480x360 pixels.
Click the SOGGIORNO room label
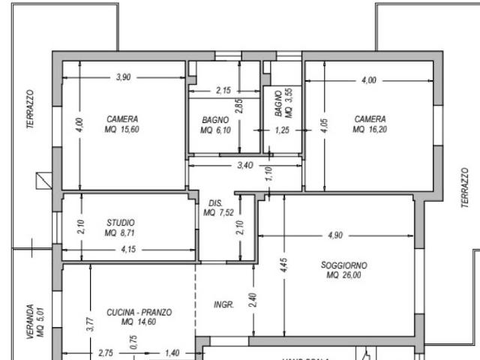344,265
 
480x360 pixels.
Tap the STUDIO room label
120,223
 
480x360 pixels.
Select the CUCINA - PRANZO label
139,312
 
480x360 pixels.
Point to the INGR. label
224,305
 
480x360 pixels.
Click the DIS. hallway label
214,203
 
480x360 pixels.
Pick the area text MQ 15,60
121,129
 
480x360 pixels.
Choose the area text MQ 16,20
370,129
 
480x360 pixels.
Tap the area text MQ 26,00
344,275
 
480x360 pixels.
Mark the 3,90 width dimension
124,78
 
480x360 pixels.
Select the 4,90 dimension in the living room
334,235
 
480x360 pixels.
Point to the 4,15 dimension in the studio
129,249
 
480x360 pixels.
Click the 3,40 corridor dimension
244,165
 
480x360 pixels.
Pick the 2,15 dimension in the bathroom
223,91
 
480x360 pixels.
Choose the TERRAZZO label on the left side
31,109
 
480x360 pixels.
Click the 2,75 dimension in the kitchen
106,352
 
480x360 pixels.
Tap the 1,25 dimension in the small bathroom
282,130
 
